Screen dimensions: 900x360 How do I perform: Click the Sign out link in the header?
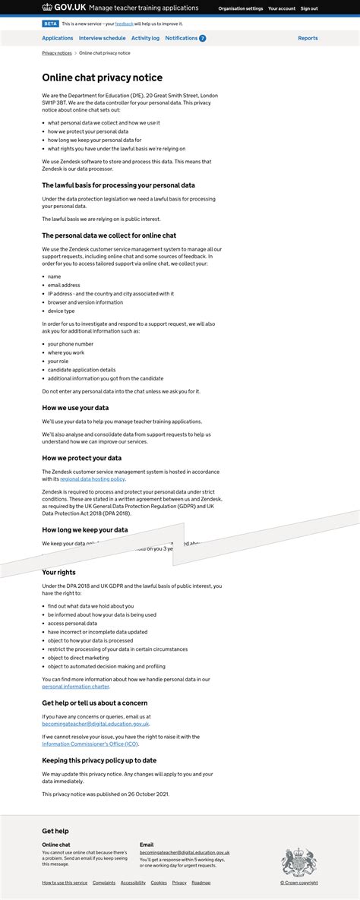point(309,8)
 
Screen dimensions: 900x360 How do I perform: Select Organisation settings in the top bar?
point(241,8)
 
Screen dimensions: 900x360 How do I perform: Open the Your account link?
point(282,8)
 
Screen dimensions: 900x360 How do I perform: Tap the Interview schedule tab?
point(103,38)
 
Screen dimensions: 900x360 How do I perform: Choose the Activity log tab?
point(145,38)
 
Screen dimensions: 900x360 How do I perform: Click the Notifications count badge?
point(203,38)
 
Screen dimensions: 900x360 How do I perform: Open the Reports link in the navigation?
point(308,38)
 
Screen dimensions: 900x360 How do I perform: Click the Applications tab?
point(58,38)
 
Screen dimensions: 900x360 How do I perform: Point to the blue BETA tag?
point(50,24)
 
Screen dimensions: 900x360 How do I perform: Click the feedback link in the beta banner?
point(124,24)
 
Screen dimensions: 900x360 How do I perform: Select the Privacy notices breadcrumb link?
point(57,53)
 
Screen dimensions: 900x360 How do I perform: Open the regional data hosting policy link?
point(93,479)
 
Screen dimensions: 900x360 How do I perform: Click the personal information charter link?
point(75,686)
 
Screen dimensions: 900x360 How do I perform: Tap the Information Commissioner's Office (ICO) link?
point(90,744)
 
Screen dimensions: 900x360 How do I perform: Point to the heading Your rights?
point(58,572)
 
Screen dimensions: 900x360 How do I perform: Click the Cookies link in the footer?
point(159,883)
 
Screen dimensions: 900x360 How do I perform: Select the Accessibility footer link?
point(133,883)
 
